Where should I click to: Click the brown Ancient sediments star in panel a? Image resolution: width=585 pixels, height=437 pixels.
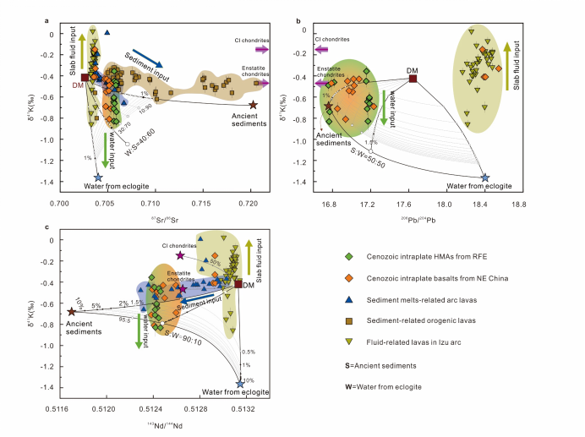(x=253, y=104)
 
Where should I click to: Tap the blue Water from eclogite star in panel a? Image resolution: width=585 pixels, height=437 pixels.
(x=98, y=178)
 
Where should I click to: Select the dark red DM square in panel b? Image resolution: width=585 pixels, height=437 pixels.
(x=413, y=79)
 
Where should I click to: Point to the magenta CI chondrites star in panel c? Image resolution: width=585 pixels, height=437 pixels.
(x=180, y=255)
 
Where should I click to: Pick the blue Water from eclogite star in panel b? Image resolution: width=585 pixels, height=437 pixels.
(x=484, y=178)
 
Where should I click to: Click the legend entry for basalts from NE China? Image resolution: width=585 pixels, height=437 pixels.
(x=423, y=277)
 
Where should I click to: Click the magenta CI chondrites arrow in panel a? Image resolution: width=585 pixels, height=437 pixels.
(x=262, y=50)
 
